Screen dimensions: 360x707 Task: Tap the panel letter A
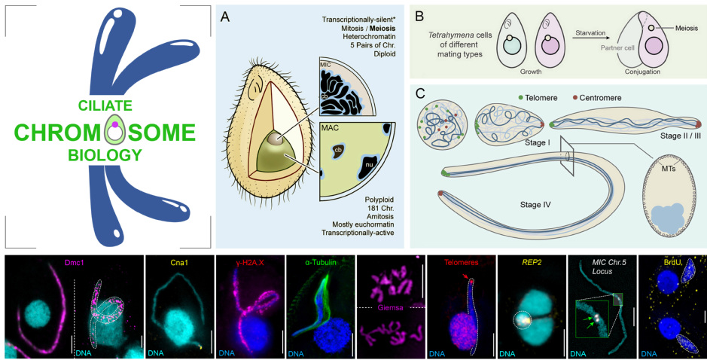pyautogui.click(x=225, y=17)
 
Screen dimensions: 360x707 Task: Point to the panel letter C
pyautogui.click(x=420, y=96)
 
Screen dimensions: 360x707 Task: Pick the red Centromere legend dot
pyautogui.click(x=577, y=97)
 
